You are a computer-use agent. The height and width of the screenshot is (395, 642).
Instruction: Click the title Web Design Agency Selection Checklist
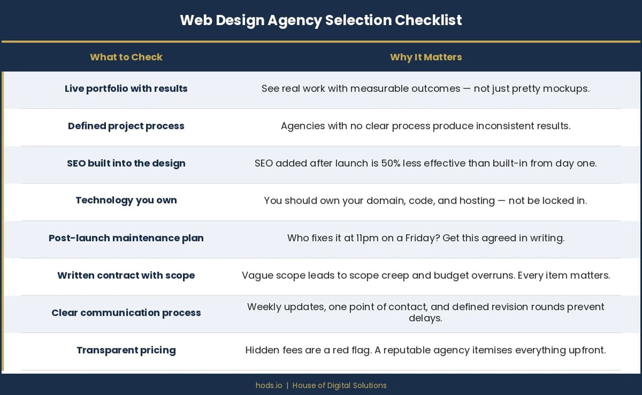pos(320,20)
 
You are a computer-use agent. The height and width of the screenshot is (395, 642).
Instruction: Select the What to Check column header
pos(126,57)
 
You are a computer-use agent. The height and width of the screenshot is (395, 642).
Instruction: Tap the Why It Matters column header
pos(426,57)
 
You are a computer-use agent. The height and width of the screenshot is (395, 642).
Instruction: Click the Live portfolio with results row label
pos(126,88)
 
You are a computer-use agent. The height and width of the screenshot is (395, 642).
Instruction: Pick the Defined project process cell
pos(126,126)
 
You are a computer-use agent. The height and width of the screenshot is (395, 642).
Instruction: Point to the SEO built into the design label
pos(126,163)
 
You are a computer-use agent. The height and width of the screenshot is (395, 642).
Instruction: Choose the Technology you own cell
pos(126,200)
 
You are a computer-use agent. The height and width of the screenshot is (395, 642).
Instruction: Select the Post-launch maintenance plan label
pos(126,238)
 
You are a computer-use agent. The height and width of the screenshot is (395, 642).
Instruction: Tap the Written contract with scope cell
pos(126,275)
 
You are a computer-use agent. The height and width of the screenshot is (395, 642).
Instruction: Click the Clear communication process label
pos(126,312)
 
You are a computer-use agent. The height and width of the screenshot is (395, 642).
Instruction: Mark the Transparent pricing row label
pos(126,350)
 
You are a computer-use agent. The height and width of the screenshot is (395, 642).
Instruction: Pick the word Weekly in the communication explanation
pos(265,307)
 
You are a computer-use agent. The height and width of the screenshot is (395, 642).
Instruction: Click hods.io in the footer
pos(269,385)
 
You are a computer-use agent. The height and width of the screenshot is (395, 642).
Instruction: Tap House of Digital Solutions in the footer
pos(339,385)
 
